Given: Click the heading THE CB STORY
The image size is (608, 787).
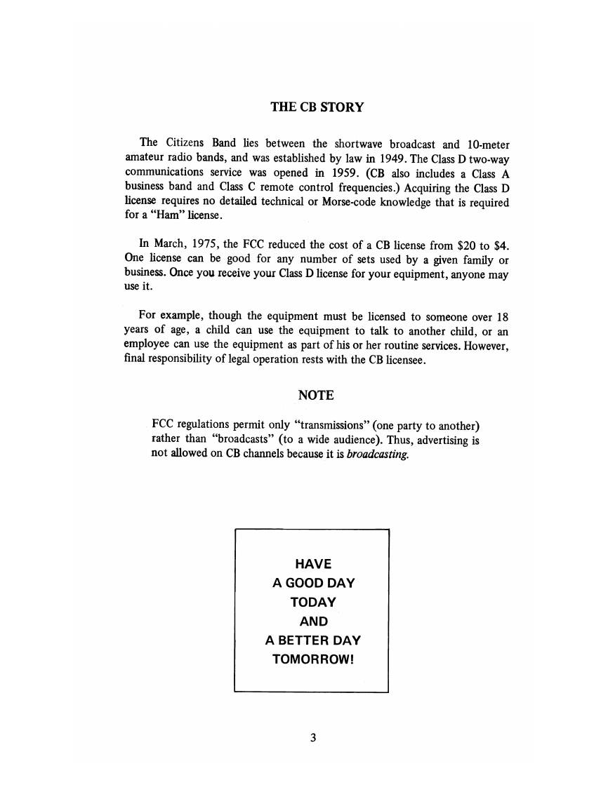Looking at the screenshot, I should [x=317, y=107].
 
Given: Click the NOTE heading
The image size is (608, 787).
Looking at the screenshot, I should [x=316, y=396].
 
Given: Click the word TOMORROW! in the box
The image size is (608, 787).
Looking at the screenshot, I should [x=312, y=660].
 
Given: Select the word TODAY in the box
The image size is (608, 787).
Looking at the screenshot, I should [x=313, y=602].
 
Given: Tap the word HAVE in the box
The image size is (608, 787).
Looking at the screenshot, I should [x=313, y=563].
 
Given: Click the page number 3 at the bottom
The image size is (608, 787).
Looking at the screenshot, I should [x=313, y=737].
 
